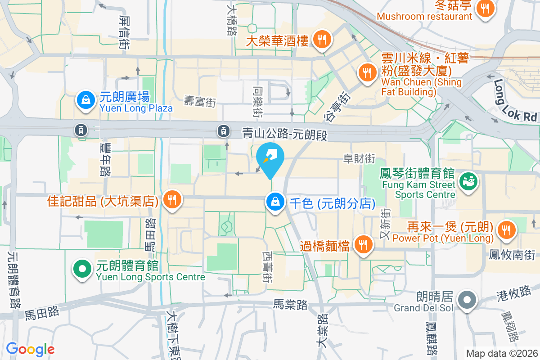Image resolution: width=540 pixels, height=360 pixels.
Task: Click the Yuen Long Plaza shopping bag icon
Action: pyautogui.click(x=85, y=101)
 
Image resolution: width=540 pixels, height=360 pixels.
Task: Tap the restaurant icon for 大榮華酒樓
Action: pyautogui.click(x=322, y=40)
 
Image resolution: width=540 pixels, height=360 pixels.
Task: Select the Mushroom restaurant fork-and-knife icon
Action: pyautogui.click(x=485, y=8)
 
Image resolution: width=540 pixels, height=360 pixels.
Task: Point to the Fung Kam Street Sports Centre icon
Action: pyautogui.click(x=468, y=182)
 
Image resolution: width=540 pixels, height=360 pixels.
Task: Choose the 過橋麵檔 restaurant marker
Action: pyautogui.click(x=363, y=245)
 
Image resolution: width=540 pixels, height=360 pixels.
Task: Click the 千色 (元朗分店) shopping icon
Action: pyautogui.click(x=274, y=202)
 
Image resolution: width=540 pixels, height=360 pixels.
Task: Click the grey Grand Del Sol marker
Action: pyautogui.click(x=467, y=300)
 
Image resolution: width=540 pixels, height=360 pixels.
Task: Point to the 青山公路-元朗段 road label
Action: pyautogui.click(x=283, y=134)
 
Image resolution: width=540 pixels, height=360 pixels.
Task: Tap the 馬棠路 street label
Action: pyautogui.click(x=290, y=305)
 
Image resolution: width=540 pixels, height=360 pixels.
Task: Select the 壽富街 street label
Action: pyautogui.click(x=200, y=102)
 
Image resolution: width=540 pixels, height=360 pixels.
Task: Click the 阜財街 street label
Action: pyautogui.click(x=359, y=158)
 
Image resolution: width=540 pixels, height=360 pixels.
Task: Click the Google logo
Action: pyautogui.click(x=30, y=349)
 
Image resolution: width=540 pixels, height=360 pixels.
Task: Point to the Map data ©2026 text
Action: pyautogui.click(x=502, y=354)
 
